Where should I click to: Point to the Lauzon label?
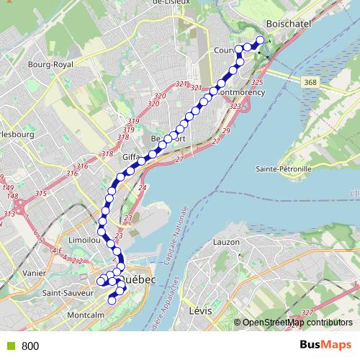(225, 243)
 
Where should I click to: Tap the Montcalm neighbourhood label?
(84, 315)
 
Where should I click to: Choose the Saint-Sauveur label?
(68, 293)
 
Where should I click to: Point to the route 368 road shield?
(310, 83)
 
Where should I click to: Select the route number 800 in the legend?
(30, 346)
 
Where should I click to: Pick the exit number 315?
(40, 194)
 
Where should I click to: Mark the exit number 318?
(107, 154)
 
